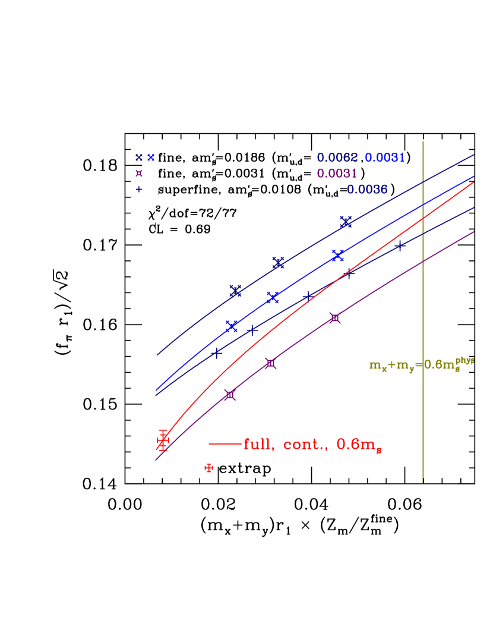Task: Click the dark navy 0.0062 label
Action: point(337,158)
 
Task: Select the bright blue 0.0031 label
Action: point(385,158)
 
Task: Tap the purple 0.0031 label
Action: point(337,174)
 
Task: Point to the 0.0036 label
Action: point(367,190)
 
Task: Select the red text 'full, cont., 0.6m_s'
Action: point(312,445)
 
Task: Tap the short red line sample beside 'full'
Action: point(225,443)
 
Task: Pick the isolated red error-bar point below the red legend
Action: point(208,468)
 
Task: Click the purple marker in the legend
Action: point(139,174)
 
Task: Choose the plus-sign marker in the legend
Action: point(139,190)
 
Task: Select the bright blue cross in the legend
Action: point(151,158)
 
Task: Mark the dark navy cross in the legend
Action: point(139,158)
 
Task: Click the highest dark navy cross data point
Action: point(346,222)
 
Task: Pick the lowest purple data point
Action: point(230,395)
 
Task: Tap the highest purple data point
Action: point(335,318)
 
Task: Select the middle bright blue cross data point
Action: point(273,298)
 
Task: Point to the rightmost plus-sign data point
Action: point(400,245)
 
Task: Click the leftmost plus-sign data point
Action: point(217,353)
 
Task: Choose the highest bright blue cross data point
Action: point(338,256)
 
